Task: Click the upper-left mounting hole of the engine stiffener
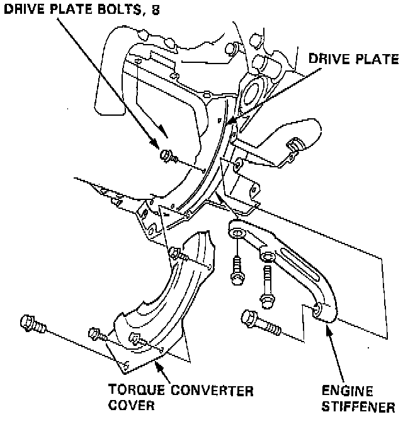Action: (237, 233)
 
